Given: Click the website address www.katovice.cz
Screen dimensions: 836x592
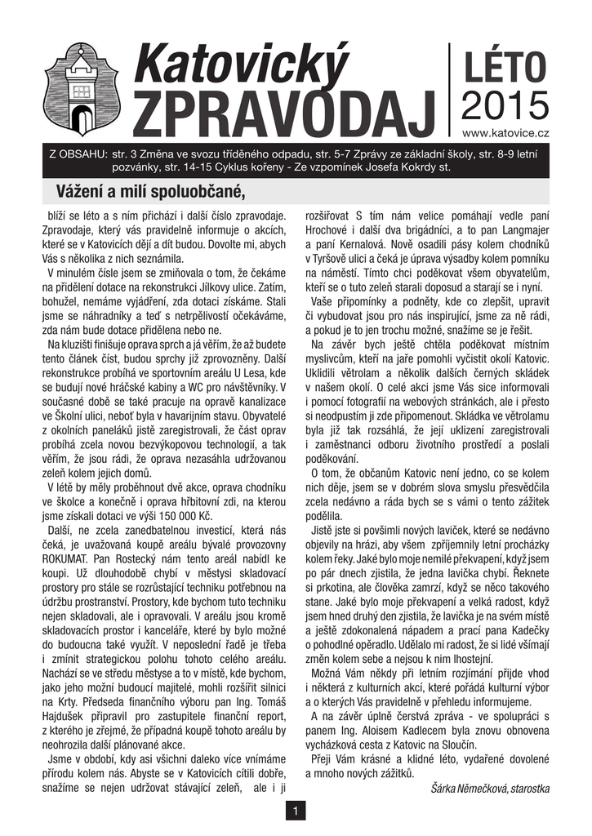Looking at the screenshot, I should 505,131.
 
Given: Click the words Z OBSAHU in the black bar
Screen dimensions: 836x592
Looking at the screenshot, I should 78,153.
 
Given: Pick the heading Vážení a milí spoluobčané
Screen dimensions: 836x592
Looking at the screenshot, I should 150,192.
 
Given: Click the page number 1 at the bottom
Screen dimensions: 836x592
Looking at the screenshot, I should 295,811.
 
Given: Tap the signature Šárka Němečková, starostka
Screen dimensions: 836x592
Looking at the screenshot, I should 489,788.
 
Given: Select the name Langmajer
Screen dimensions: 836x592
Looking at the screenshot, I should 520,230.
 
